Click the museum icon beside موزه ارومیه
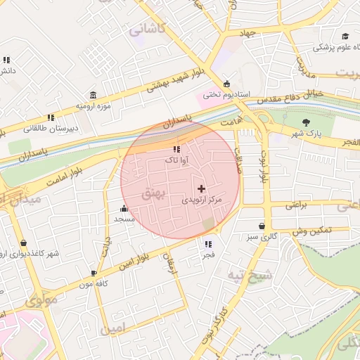[93, 96]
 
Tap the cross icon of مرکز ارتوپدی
[202, 188]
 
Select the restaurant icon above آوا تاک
[176, 149]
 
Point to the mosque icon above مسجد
[124, 208]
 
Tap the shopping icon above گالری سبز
[262, 226]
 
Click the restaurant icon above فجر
[207, 245]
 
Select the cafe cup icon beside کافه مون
[94, 273]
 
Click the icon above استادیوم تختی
[226, 82]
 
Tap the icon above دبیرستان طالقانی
[50, 118]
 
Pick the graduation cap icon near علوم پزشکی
[345, 37]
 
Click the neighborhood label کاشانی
[146, 30]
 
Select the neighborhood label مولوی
[41, 302]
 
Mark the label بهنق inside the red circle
[152, 193]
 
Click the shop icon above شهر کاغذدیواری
[23, 243]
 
